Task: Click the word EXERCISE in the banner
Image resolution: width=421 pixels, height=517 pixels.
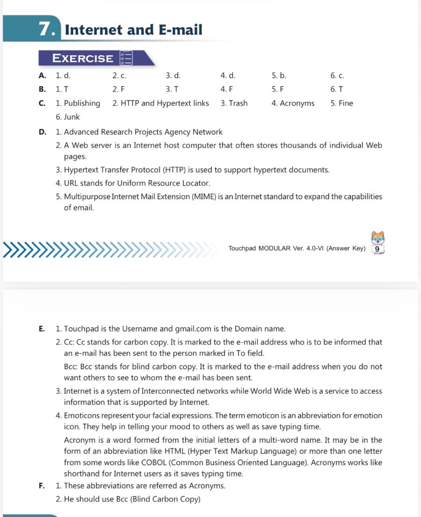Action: tap(83, 58)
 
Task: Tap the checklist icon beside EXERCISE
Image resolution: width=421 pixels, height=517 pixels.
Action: tap(126, 58)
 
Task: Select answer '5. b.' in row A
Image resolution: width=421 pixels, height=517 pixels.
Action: tap(279, 75)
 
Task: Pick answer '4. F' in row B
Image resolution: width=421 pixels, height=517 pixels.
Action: tap(226, 89)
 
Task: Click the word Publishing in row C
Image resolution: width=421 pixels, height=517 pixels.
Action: tap(82, 103)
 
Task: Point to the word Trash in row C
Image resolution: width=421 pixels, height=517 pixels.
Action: tap(238, 103)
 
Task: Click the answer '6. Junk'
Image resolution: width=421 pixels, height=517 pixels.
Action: tap(68, 117)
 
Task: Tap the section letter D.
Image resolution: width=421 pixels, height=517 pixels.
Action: tap(43, 132)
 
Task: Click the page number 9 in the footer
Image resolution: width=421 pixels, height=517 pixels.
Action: tap(377, 249)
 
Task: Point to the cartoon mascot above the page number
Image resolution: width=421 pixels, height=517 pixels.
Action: tap(377, 237)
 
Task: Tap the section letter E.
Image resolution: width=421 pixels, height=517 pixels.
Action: tap(42, 329)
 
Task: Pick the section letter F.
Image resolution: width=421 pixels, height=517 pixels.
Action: tap(42, 486)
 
